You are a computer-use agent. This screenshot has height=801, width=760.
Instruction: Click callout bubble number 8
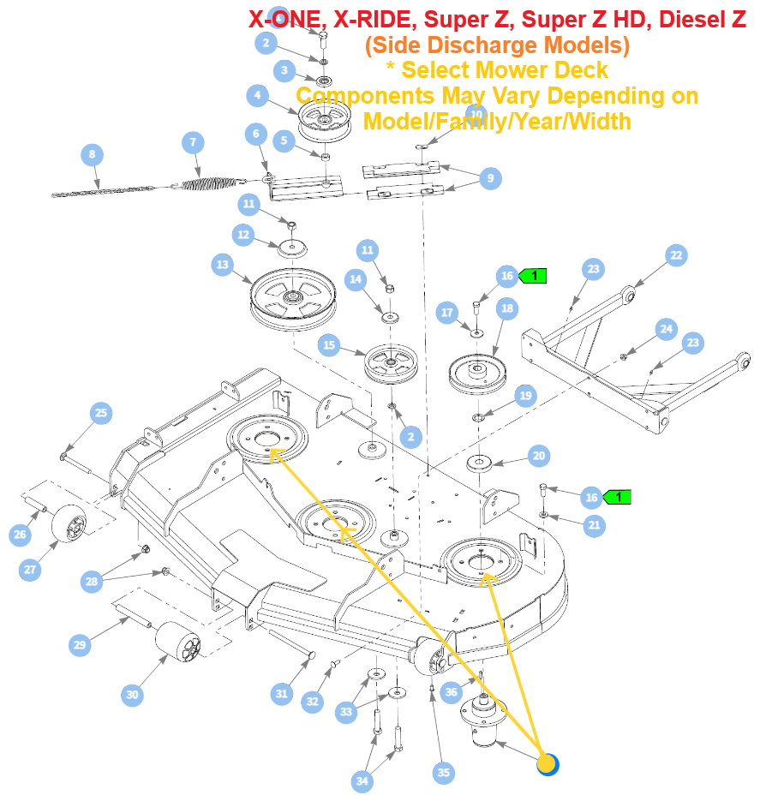click(92, 155)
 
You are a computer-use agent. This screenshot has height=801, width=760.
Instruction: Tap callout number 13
click(223, 266)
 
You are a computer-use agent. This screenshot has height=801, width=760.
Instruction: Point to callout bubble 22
click(676, 254)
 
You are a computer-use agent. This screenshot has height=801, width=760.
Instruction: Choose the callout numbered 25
click(101, 413)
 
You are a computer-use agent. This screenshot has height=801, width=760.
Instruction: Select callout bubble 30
click(132, 695)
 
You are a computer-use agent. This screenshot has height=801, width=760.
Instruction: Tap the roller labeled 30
click(178, 643)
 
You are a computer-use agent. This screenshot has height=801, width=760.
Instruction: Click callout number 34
click(362, 780)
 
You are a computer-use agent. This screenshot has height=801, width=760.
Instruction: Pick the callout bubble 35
click(443, 772)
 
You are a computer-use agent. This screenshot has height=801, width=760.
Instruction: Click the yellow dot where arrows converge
click(547, 763)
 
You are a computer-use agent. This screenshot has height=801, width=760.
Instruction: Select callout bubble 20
click(538, 456)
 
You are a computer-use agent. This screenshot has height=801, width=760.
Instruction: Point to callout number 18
click(506, 308)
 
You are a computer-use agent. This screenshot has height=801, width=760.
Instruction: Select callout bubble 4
click(257, 96)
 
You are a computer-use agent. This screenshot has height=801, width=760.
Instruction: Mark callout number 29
click(80, 645)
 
